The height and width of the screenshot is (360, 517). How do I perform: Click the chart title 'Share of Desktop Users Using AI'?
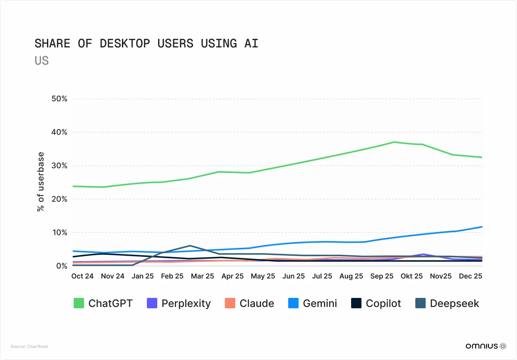pyautogui.click(x=146, y=44)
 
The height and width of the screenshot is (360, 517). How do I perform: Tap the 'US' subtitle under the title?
pyautogui.click(x=41, y=61)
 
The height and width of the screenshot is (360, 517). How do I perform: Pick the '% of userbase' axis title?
pyautogui.click(x=40, y=182)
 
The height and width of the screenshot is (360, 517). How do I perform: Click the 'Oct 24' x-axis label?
pyautogui.click(x=82, y=276)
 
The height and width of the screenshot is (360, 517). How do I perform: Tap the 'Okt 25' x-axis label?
pyautogui.click(x=411, y=276)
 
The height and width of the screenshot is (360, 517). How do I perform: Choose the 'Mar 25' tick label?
pyautogui.click(x=202, y=276)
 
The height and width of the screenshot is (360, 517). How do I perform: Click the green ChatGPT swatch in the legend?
pyautogui.click(x=79, y=303)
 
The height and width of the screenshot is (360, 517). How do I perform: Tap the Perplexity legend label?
pyautogui.click(x=186, y=304)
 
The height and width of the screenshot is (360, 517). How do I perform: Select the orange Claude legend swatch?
pyautogui.click(x=230, y=303)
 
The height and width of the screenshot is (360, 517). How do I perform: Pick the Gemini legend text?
pyautogui.click(x=320, y=304)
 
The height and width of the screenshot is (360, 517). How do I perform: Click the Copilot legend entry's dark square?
pyautogui.click(x=356, y=303)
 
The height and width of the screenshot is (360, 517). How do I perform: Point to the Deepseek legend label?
pyautogui.click(x=454, y=304)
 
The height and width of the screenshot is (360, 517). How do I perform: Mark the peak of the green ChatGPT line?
pyautogui.click(x=394, y=142)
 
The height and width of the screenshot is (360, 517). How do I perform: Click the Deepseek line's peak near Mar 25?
pyautogui.click(x=190, y=245)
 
